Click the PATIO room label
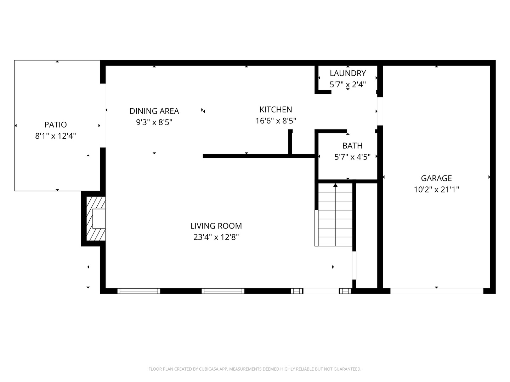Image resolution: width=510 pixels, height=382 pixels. [x=56, y=125]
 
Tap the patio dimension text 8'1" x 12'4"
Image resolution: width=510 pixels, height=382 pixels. [x=56, y=136]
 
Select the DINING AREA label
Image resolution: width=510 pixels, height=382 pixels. [x=154, y=111]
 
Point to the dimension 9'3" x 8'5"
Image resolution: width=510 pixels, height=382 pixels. [x=154, y=122]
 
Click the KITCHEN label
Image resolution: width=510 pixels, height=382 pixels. [x=276, y=110]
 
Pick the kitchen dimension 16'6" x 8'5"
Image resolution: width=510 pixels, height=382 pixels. [x=276, y=121]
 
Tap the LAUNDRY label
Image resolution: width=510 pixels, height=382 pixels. [x=347, y=73]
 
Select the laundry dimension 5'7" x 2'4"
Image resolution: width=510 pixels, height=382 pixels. [x=347, y=85]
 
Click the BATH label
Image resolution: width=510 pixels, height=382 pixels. [x=352, y=146]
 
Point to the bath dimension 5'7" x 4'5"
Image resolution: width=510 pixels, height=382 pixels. [x=352, y=157]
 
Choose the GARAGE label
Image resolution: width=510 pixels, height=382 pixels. [x=436, y=178]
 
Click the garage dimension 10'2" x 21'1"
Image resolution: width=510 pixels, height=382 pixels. [x=436, y=190]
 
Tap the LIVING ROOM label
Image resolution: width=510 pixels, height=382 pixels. [x=216, y=226]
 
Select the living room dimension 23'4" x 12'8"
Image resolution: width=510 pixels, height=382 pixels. [x=216, y=237]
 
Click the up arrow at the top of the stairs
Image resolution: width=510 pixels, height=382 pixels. [x=335, y=185]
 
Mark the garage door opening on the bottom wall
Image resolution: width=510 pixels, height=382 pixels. [x=436, y=291]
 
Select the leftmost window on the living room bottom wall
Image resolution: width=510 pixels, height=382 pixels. [x=138, y=291]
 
